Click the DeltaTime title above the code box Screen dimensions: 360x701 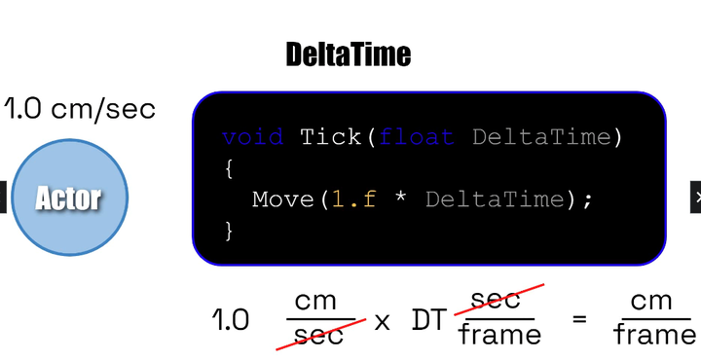(349, 54)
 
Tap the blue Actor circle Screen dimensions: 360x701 (69, 198)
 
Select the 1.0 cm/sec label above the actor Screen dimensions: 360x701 (79, 109)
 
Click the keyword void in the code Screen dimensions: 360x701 (252, 137)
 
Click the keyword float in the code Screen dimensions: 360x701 (417, 137)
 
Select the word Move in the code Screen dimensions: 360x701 (283, 199)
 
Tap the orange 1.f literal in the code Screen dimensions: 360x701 (354, 199)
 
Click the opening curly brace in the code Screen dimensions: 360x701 (229, 168)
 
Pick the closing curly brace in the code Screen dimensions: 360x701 (229, 231)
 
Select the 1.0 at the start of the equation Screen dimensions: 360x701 (231, 320)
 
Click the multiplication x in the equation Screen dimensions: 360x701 (382, 320)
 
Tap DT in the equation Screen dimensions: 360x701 (429, 320)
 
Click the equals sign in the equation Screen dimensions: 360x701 (580, 319)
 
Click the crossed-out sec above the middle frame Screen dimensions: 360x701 (496, 300)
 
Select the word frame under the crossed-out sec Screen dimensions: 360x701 (499, 337)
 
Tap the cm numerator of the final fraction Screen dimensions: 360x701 (652, 302)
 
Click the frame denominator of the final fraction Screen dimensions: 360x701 (654, 337)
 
